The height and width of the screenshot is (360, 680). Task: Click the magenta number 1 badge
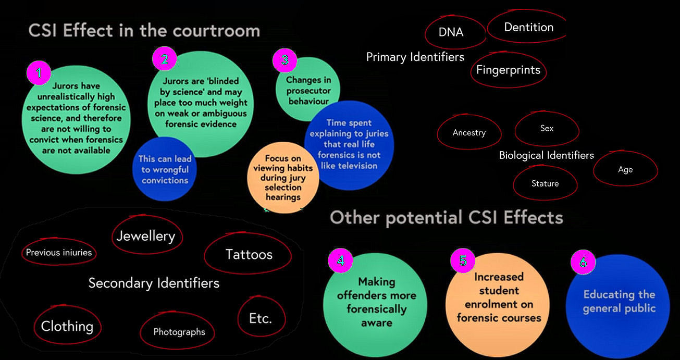coord(38,73)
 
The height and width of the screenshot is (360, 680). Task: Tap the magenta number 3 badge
coord(285,60)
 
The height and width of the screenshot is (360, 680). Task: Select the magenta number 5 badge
coord(463,259)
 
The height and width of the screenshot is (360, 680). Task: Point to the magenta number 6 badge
coord(583,263)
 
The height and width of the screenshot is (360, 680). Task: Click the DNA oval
coord(451,32)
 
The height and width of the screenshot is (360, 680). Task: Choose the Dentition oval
coord(528,27)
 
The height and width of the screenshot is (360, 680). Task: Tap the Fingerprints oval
coord(508,70)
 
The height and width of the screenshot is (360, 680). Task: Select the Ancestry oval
coord(469,133)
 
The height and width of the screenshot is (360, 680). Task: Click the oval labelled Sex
coord(547,128)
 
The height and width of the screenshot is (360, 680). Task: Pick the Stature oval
coord(545,183)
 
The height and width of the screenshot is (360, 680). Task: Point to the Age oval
coord(625,169)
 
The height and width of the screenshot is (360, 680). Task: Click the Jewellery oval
coord(146,236)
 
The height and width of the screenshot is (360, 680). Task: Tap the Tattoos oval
coord(249,254)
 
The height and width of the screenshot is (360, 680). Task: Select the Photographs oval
coord(179,332)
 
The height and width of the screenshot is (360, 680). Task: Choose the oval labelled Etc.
coord(261,318)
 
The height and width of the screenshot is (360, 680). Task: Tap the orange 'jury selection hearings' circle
coord(283,178)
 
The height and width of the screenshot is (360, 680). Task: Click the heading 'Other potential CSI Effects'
coord(447,217)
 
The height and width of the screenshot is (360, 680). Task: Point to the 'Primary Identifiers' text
coord(415,57)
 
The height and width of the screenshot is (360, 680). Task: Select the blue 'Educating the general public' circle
coord(619,302)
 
